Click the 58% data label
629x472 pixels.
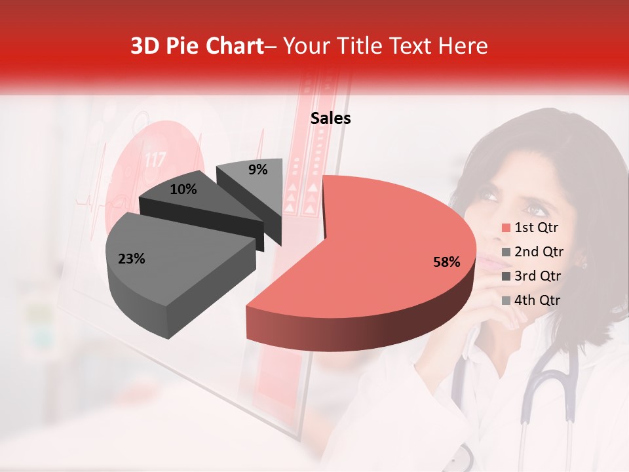click(446, 262)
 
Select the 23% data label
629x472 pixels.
click(131, 259)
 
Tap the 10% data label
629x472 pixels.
click(183, 189)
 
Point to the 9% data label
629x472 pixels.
click(258, 170)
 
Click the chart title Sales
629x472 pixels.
click(330, 119)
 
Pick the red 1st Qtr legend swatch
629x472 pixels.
click(505, 228)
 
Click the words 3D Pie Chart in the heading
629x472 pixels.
click(197, 46)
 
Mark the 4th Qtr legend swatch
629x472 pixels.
click(505, 300)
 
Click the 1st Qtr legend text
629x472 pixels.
click(537, 228)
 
